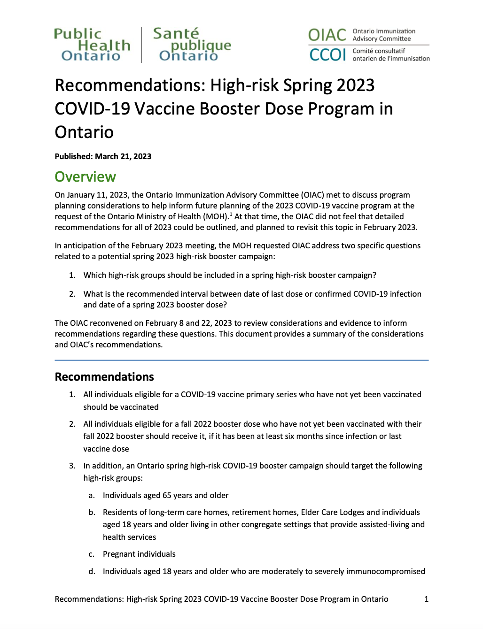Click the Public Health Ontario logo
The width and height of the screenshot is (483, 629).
point(92,45)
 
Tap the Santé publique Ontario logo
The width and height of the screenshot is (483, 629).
point(192,45)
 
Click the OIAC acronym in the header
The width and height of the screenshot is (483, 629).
point(327,35)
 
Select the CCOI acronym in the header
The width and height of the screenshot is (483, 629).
point(327,55)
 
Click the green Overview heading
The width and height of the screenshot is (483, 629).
point(85,176)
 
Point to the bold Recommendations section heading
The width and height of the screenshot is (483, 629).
point(104,376)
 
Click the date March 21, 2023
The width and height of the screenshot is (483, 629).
point(123,156)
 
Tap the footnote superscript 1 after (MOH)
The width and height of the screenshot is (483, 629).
point(231,214)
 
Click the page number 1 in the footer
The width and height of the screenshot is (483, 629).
point(426,599)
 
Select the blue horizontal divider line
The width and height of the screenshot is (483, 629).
point(241,360)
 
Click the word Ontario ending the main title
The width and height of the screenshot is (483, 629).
point(84,132)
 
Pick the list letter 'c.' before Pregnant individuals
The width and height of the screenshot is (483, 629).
point(92,554)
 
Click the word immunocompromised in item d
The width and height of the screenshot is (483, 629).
point(385,571)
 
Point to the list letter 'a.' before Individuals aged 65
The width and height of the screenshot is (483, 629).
point(92,496)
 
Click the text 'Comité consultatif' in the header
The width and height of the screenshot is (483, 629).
point(379,51)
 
